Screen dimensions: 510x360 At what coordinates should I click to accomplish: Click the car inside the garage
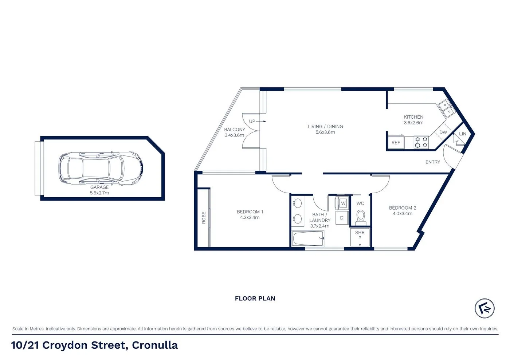pyautogui.click(x=101, y=168)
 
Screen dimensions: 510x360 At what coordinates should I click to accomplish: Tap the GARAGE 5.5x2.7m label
pyautogui.click(x=99, y=190)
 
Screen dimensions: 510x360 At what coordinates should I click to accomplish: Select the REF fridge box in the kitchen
pyautogui.click(x=396, y=143)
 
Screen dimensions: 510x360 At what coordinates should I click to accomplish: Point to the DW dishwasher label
pyautogui.click(x=443, y=132)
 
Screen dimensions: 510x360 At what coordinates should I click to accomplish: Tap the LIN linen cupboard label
pyautogui.click(x=462, y=134)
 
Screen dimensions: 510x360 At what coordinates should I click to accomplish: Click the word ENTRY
pyautogui.click(x=432, y=162)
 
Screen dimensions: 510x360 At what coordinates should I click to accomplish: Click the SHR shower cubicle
pyautogui.click(x=360, y=237)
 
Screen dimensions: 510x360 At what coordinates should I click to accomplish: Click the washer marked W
pyautogui.click(x=343, y=203)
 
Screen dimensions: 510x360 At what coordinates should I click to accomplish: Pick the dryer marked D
pyautogui.click(x=342, y=218)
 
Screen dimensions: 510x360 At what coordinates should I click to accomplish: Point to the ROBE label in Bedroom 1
pyautogui.click(x=204, y=217)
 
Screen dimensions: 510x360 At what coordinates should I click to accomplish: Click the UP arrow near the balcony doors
pyautogui.click(x=257, y=121)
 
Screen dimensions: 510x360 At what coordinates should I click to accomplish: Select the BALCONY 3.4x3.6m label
pyautogui.click(x=234, y=132)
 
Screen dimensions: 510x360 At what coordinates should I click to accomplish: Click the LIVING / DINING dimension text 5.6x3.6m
pyautogui.click(x=325, y=132)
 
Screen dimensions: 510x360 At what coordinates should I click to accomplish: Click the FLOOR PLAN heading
pyautogui.click(x=255, y=298)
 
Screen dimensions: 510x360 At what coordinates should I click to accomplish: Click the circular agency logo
pyautogui.click(x=484, y=308)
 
